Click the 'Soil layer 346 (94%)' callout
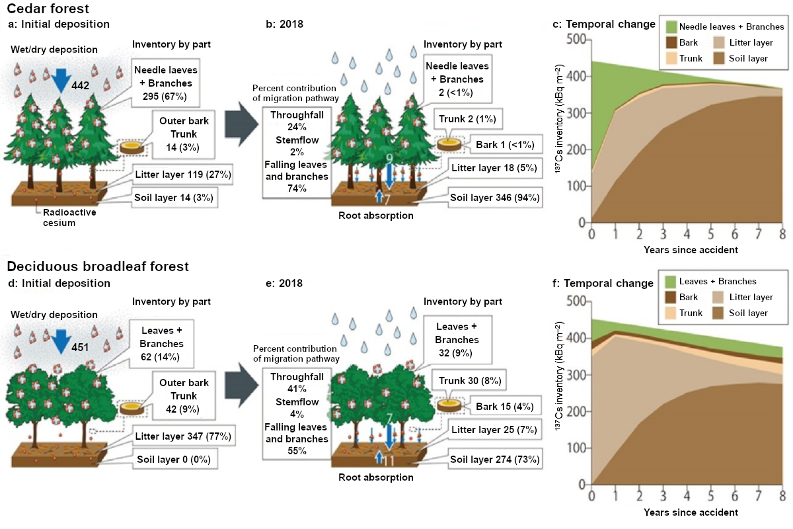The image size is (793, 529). pyautogui.click(x=495, y=197)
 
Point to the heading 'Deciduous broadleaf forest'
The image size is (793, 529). pyautogui.click(x=98, y=266)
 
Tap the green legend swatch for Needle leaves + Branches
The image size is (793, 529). pyautogui.click(x=671, y=27)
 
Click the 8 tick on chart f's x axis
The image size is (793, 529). pyautogui.click(x=782, y=496)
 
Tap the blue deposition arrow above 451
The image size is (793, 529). pyautogui.click(x=62, y=341)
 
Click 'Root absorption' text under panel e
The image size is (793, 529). pyautogui.click(x=375, y=477)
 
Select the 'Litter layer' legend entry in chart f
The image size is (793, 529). pyautogui.click(x=750, y=298)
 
